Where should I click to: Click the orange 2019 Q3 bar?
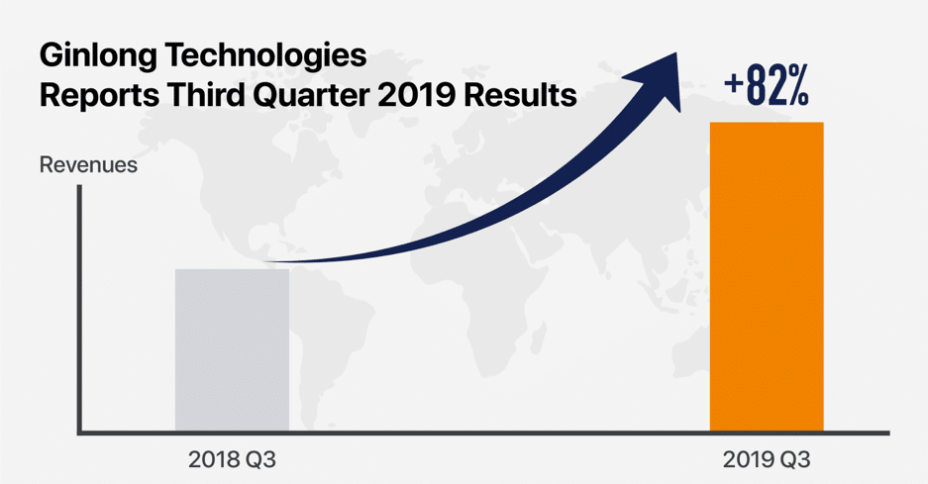(767, 276)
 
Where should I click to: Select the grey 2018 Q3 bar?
(232, 350)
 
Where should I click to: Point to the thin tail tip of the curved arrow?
(267, 261)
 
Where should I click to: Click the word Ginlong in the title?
(97, 56)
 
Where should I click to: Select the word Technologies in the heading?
(265, 55)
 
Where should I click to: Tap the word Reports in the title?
(99, 96)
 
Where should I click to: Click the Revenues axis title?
(88, 165)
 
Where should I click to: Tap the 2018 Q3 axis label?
(232, 459)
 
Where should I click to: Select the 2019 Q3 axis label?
(767, 459)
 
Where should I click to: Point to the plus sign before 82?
(733, 84)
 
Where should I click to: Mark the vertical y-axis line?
(79, 310)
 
